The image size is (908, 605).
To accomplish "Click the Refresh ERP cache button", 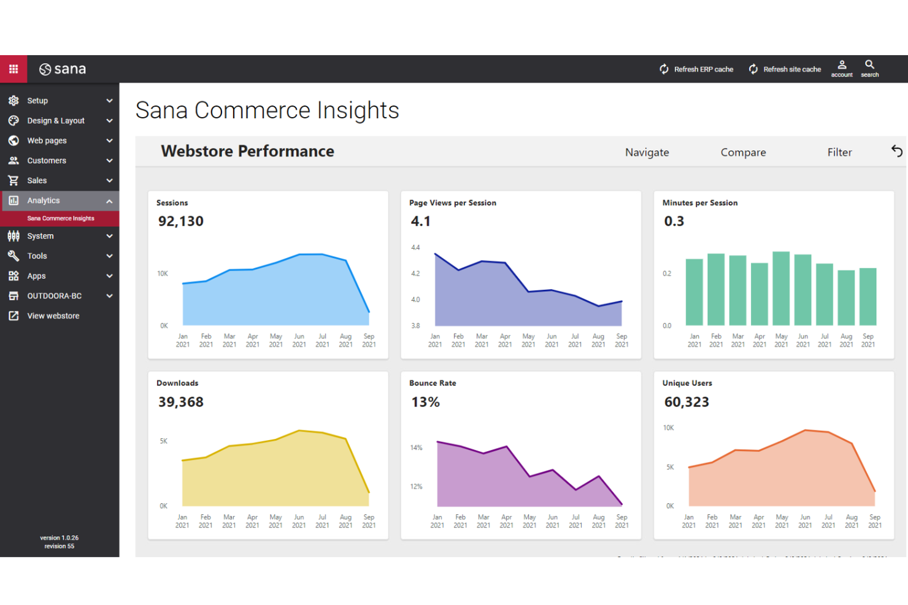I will point(696,69).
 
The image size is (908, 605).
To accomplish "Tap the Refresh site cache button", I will point(785,69).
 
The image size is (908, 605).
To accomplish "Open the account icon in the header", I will point(842,68).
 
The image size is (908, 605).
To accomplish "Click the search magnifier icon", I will point(869,68).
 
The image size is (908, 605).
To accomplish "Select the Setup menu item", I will point(37,101).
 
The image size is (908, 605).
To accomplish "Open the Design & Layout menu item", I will point(56,121).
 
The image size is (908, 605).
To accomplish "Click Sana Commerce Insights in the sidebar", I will point(61,218).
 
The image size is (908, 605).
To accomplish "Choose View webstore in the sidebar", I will point(53,316).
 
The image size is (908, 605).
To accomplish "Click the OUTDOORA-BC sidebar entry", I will point(54,296).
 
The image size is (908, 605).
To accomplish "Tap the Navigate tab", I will point(647,152).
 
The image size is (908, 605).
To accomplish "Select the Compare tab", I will point(743,152).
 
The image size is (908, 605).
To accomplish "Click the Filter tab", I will point(839,152).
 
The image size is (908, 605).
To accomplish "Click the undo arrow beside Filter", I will point(896,151).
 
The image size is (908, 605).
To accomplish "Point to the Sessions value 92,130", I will point(181,221).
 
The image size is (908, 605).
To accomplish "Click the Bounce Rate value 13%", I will point(425,402).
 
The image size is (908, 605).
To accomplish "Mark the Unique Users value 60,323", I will point(687,402).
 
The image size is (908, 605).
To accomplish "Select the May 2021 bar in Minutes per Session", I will point(781,288).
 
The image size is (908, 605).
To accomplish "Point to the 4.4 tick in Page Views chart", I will point(415,248).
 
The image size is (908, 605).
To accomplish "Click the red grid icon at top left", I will point(13,69).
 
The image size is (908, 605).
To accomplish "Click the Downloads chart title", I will point(177,383).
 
